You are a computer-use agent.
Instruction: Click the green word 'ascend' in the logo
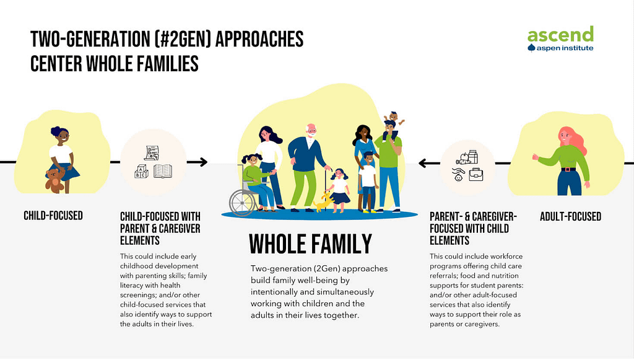click(x=560, y=34)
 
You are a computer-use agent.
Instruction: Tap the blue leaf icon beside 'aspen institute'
click(x=531, y=48)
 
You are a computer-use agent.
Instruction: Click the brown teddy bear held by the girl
click(x=54, y=180)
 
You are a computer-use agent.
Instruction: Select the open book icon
click(x=163, y=171)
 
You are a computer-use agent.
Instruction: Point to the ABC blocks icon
click(x=141, y=172)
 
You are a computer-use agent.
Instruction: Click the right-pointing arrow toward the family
click(x=197, y=162)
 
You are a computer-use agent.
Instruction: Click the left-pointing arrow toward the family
click(x=429, y=164)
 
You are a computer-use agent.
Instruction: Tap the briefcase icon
click(x=476, y=174)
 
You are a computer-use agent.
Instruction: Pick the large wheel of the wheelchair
click(x=243, y=202)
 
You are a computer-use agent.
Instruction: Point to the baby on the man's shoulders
click(x=393, y=121)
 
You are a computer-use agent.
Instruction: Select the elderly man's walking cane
click(x=325, y=190)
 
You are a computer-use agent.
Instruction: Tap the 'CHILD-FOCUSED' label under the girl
click(x=53, y=216)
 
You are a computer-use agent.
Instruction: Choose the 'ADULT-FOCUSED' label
click(x=570, y=217)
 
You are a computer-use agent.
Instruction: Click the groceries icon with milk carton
click(x=467, y=157)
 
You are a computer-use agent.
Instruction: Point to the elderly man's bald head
click(x=311, y=129)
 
